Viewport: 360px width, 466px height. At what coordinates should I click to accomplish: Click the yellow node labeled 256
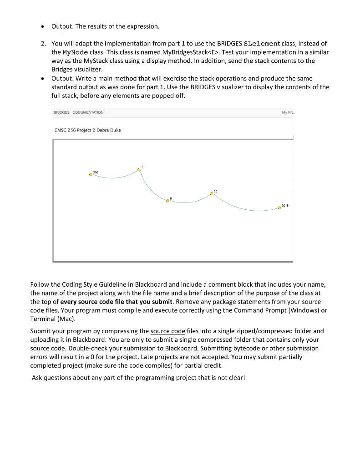tap(91, 174)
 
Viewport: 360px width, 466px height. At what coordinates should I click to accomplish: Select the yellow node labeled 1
tap(139, 170)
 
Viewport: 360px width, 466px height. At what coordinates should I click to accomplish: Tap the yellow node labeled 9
tap(167, 200)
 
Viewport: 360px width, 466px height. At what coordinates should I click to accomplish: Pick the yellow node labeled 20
tap(211, 194)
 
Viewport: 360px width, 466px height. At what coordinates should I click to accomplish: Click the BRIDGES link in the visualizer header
tap(61, 112)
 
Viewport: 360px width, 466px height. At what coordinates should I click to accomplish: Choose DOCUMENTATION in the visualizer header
tap(88, 112)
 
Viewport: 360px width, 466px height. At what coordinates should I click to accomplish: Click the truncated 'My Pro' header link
tap(287, 112)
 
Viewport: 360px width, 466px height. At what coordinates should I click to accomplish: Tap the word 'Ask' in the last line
tap(37, 377)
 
